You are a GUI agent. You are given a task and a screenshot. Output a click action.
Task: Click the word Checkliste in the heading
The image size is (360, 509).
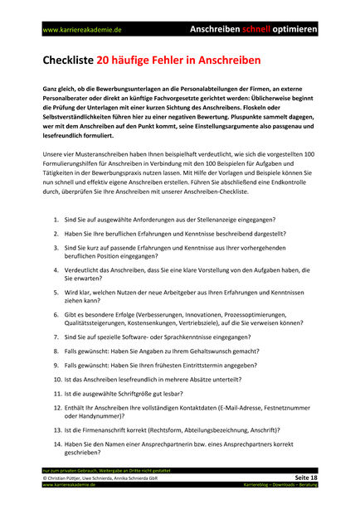tap(69, 61)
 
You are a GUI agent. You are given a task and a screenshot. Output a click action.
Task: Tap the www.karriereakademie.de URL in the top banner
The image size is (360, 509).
tap(82, 29)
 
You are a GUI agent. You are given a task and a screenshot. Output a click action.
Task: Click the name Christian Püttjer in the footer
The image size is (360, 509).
tap(67, 478)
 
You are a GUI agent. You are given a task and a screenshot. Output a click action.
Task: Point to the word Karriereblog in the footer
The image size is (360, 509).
tap(260, 485)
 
